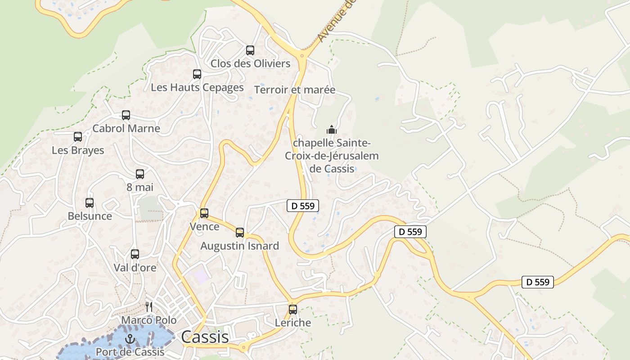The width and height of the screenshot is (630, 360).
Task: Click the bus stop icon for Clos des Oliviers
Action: [250, 50]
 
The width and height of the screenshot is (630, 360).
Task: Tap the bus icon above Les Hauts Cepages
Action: [197, 74]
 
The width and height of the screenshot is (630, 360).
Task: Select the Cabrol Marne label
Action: [126, 128]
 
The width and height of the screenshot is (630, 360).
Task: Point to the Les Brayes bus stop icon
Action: [78, 137]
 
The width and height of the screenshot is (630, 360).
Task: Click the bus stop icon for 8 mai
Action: [140, 174]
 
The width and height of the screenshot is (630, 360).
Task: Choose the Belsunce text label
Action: [90, 216]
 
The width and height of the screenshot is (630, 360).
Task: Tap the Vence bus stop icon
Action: [204, 213]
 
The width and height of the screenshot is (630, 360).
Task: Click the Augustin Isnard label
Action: [239, 246]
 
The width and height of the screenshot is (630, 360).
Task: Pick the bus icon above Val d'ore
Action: [135, 254]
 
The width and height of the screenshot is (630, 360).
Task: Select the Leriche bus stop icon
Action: [293, 310]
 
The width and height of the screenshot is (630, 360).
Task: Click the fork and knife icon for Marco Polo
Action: [149, 307]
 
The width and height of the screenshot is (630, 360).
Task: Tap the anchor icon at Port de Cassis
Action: [130, 339]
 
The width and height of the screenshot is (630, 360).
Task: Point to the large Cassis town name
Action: [205, 337]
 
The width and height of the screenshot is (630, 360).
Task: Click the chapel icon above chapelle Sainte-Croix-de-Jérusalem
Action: [332, 130]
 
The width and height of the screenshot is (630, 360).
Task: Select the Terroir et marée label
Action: [295, 90]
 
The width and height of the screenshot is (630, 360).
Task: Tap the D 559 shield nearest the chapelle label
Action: [303, 206]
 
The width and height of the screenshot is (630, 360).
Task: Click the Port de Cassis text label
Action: [130, 352]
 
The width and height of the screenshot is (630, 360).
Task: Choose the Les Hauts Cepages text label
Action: [197, 87]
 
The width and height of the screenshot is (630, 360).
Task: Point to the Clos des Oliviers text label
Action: [250, 63]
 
